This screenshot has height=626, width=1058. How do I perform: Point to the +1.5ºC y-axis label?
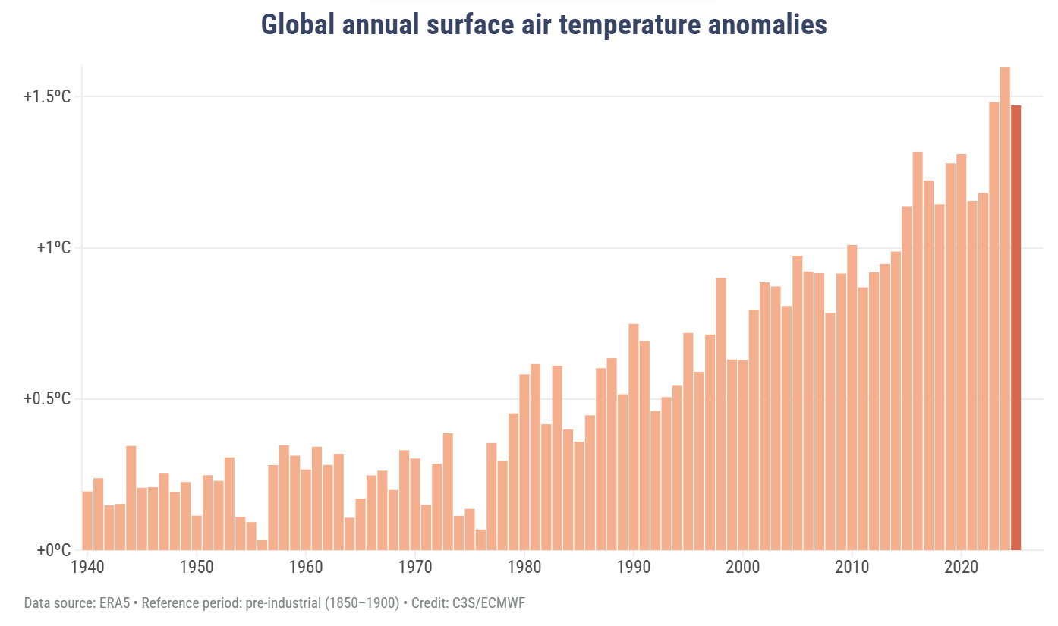tap(47, 97)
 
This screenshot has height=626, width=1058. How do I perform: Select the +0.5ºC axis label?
tap(47, 399)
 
